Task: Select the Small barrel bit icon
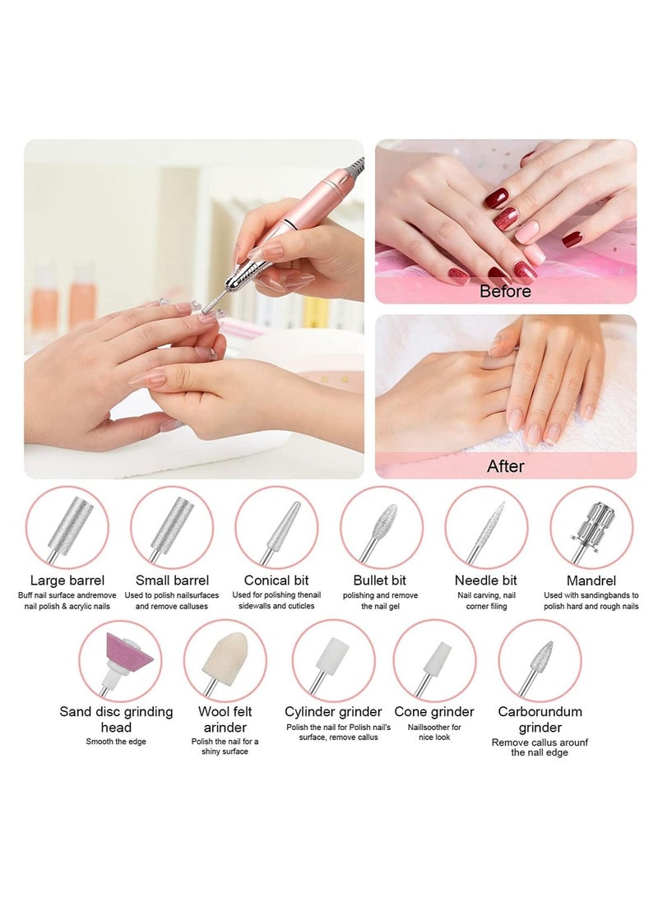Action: point(172,527)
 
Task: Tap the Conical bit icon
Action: point(276,527)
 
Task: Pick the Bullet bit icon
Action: point(382,527)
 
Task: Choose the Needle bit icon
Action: point(486,527)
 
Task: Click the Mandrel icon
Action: point(591,527)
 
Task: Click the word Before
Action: point(505,291)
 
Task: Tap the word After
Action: point(505,466)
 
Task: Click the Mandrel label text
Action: point(591,580)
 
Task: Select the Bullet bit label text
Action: point(381,580)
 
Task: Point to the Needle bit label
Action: point(486,580)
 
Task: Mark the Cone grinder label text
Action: point(434,712)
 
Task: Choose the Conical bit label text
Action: point(276,580)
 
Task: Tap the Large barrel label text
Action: point(67,580)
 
